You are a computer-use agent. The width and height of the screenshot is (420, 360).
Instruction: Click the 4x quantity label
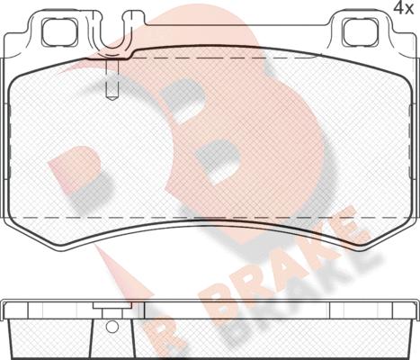pos(403,8)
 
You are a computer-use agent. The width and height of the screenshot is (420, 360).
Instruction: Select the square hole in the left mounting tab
pos(59,32)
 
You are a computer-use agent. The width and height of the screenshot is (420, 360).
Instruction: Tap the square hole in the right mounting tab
pos(360,32)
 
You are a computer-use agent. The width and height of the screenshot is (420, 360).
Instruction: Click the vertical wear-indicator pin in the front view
pos(112,79)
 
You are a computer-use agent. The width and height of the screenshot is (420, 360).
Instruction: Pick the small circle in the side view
pos(112,327)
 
